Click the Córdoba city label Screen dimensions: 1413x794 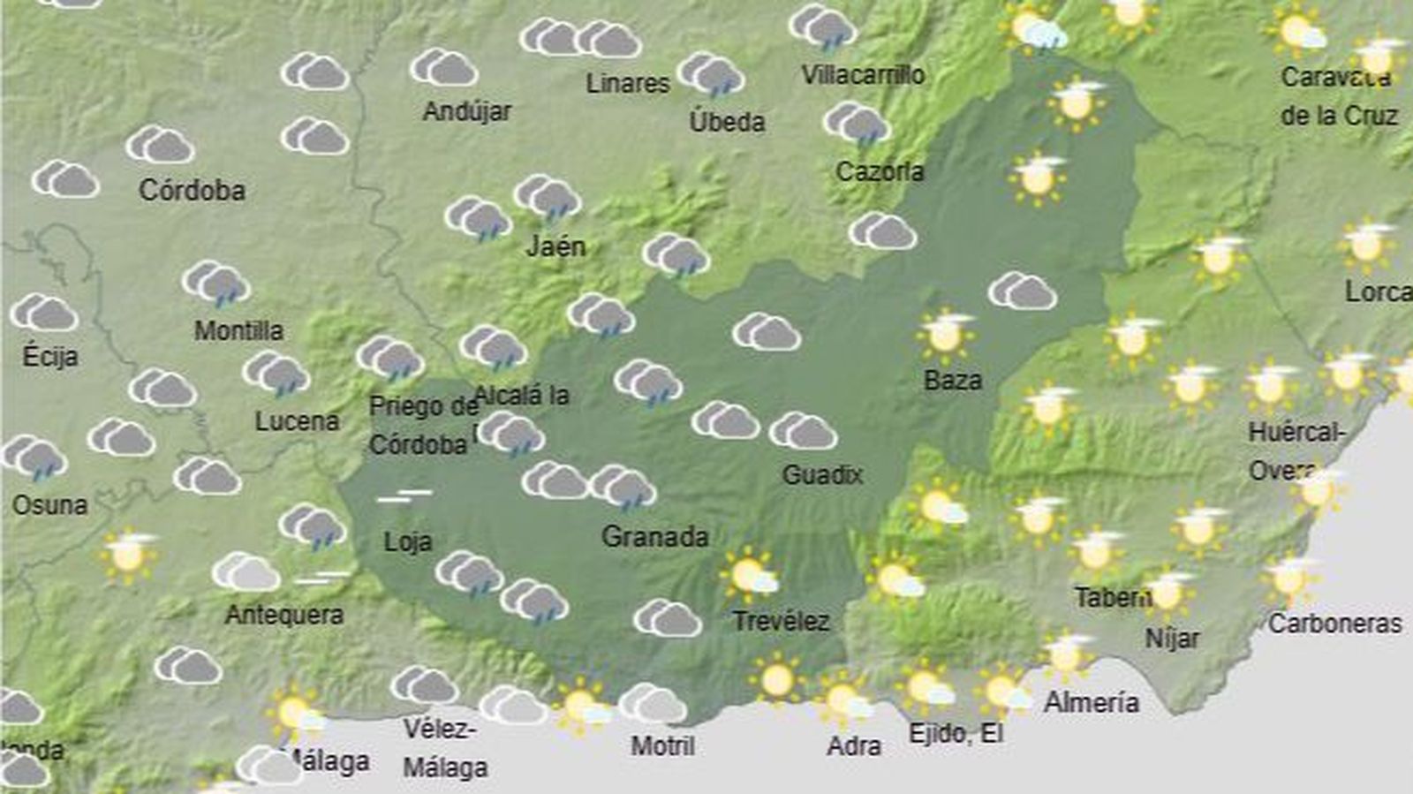[192, 190]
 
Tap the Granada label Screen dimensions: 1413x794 [654, 536]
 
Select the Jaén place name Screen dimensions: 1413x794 [555, 246]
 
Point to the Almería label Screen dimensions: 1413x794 [1092, 702]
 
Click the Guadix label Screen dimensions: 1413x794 [822, 475]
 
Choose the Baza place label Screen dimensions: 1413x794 [953, 380]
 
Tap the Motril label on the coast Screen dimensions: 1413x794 [662, 746]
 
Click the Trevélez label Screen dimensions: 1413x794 [782, 621]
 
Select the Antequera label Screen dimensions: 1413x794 [284, 615]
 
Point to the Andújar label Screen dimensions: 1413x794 [467, 111]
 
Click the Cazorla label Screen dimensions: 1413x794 [880, 171]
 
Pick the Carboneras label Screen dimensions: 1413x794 [1334, 624]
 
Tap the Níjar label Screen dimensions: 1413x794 [1172, 638]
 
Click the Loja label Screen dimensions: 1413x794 [408, 541]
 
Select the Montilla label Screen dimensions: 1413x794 [238, 330]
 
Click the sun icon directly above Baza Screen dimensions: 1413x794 [945, 335]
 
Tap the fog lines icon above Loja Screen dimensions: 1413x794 [404, 496]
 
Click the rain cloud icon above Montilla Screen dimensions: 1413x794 [216, 284]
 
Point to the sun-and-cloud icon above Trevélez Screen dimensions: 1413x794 [750, 575]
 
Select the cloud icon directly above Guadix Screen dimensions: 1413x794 [803, 432]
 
